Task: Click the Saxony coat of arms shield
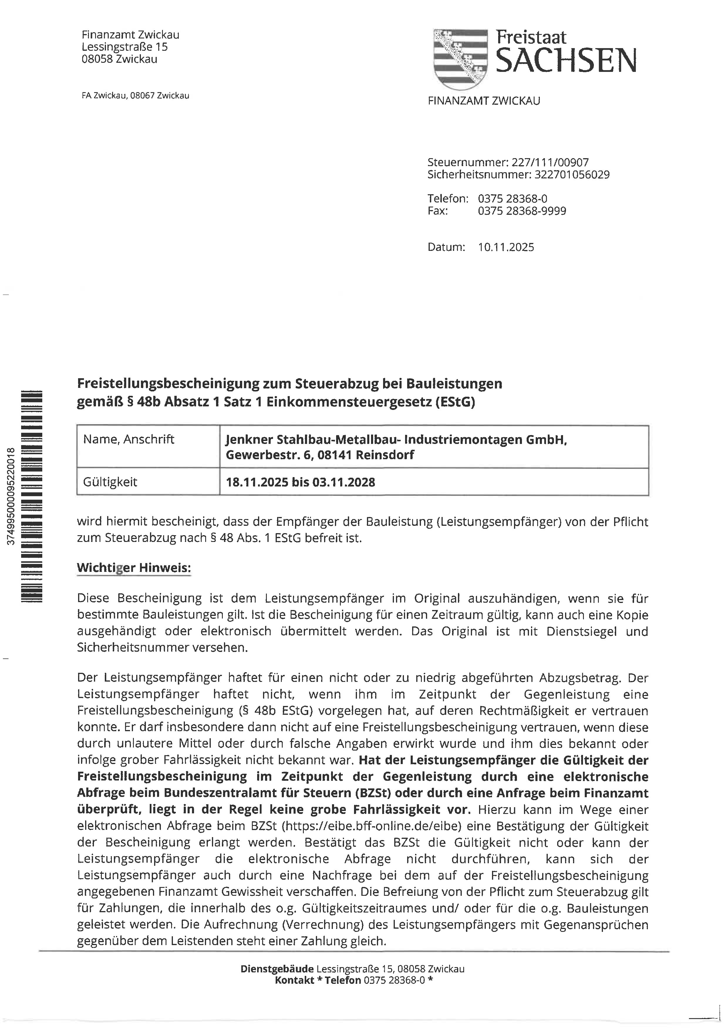tap(460, 58)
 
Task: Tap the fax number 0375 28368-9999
tap(522, 211)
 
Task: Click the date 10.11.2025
tap(506, 247)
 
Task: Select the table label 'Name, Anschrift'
tap(129, 439)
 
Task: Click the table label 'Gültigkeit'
tap(110, 482)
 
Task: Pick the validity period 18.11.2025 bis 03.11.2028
tap(300, 482)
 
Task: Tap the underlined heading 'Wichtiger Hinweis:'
tap(134, 568)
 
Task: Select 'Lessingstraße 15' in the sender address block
tap(124, 47)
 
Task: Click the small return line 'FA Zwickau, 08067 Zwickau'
tap(135, 95)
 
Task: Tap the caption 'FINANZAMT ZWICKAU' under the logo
tap(484, 101)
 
